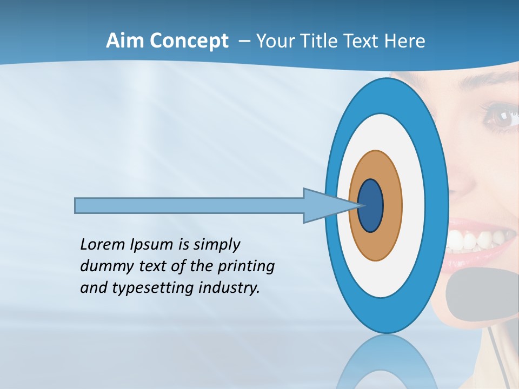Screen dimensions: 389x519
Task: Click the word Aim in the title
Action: (124, 41)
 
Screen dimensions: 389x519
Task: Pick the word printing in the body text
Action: (246, 267)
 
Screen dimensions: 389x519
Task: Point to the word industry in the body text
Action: (229, 288)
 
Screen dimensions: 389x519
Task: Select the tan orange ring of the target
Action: (392, 206)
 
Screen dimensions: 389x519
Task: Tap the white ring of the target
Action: (414, 206)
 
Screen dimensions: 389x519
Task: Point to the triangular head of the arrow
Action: (324, 206)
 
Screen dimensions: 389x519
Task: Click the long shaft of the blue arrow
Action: (189, 206)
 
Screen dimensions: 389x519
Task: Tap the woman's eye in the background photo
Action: (500, 117)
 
